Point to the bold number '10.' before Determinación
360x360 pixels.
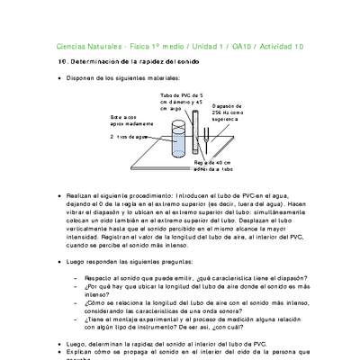pyautogui.click(x=61, y=61)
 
